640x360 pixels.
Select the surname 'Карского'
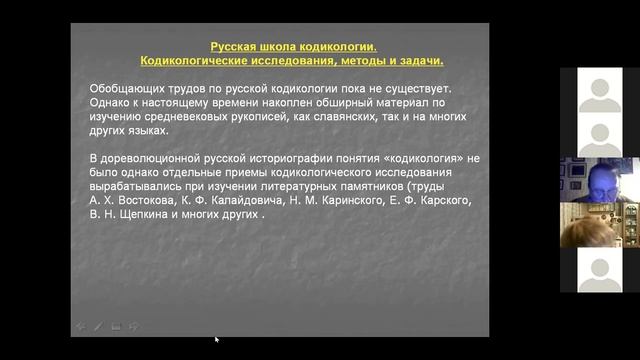click(442, 200)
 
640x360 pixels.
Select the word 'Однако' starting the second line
click(111, 102)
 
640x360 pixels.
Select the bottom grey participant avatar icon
click(600, 270)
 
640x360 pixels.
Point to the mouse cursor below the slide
click(215, 339)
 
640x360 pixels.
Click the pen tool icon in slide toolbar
click(97, 326)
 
